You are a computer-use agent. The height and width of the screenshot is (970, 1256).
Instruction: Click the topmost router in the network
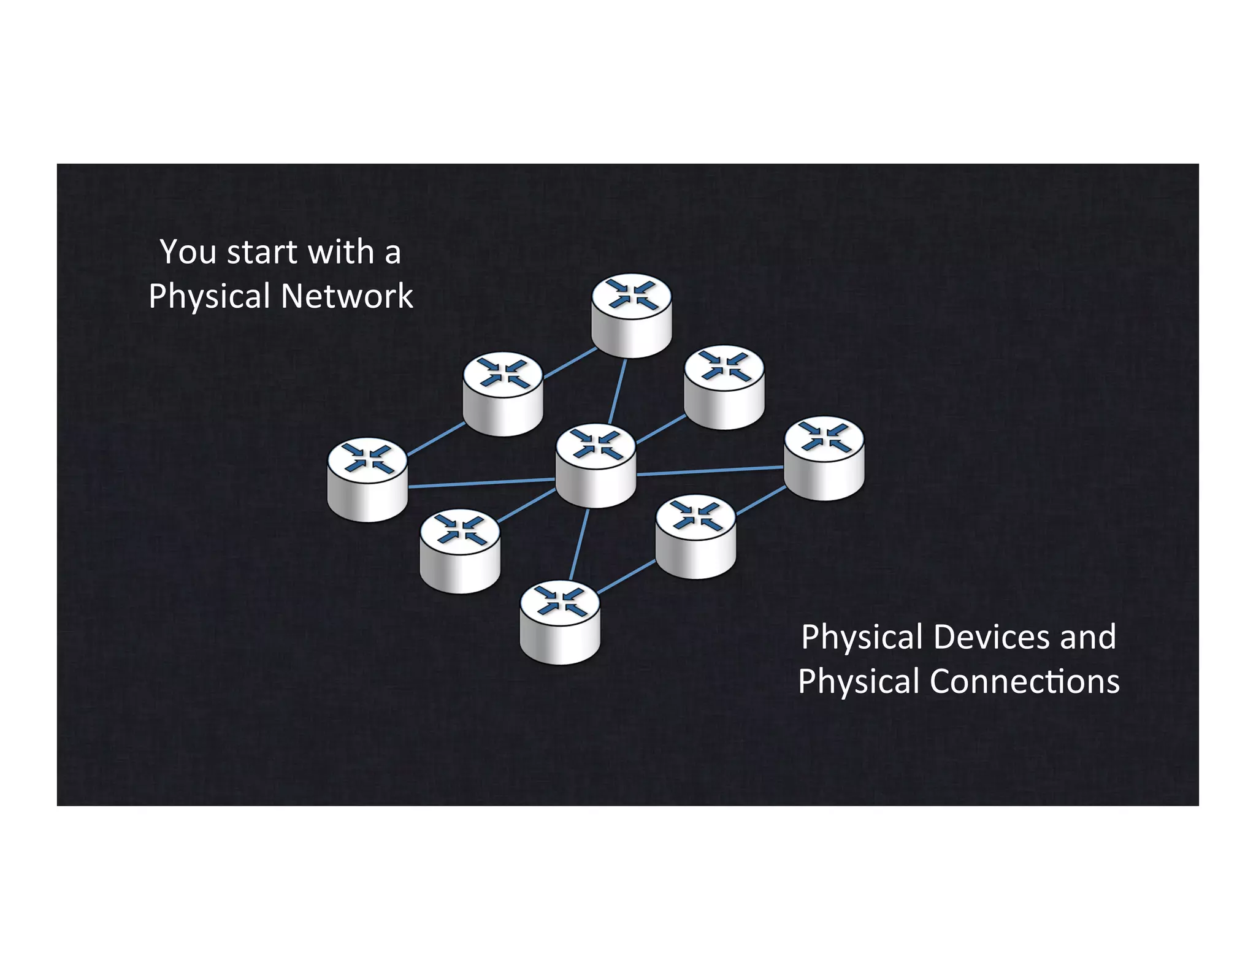[x=632, y=315]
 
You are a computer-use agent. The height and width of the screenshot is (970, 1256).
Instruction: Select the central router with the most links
[x=595, y=465]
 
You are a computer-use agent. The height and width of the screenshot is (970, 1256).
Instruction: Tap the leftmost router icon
[x=367, y=479]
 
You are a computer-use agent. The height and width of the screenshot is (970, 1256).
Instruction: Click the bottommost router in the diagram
[x=559, y=622]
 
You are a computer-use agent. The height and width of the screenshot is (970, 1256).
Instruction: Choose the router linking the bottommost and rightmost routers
[x=695, y=537]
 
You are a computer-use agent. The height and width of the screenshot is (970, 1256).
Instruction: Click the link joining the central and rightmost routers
[x=710, y=471]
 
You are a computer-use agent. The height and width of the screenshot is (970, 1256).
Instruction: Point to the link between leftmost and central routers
[x=481, y=483]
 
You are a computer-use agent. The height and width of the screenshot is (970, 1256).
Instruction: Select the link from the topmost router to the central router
[x=617, y=391]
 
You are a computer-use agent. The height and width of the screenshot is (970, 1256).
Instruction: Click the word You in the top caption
[x=188, y=252]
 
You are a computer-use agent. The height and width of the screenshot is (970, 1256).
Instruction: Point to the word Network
[x=347, y=296]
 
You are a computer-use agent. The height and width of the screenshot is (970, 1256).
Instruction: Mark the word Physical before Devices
[x=862, y=637]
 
